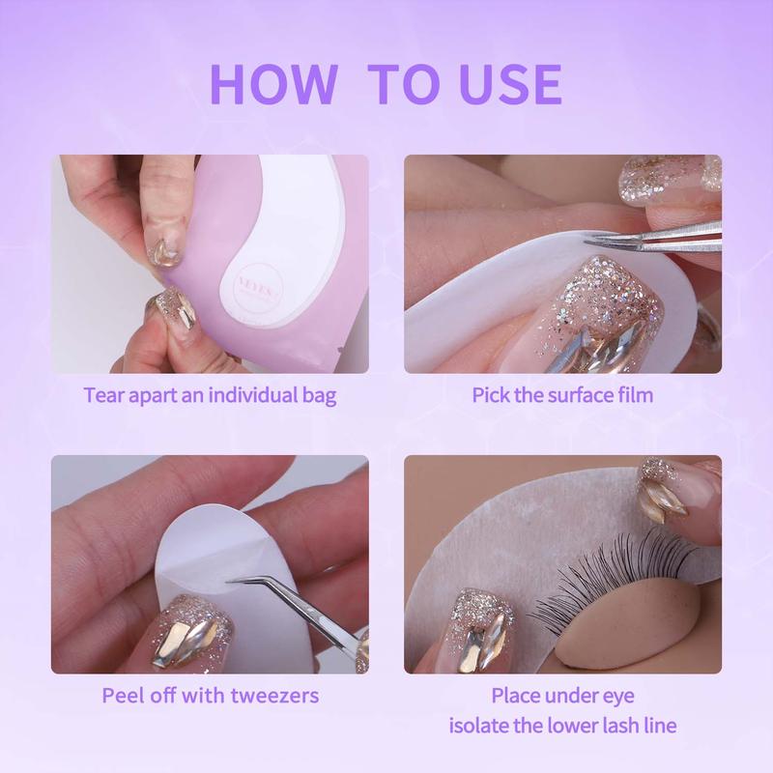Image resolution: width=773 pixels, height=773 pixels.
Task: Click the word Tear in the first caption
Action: point(105,395)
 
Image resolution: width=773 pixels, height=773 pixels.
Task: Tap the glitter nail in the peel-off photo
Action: point(193,628)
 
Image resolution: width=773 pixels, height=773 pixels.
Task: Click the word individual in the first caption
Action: point(239,395)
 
